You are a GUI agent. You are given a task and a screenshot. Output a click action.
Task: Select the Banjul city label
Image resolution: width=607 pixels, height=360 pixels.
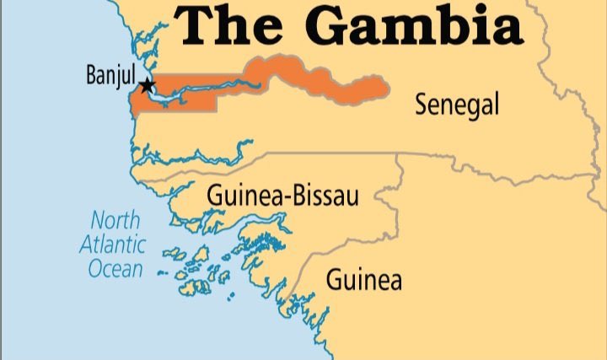(x=110, y=76)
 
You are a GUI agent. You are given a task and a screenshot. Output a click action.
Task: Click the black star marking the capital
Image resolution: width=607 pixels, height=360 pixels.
(x=148, y=85)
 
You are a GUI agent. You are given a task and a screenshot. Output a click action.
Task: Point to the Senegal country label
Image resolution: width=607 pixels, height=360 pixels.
(x=457, y=105)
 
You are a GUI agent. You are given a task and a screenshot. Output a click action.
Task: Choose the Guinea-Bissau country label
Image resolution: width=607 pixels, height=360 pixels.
(x=282, y=197)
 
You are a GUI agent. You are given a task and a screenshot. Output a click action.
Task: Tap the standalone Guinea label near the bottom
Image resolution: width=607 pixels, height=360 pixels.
(x=364, y=278)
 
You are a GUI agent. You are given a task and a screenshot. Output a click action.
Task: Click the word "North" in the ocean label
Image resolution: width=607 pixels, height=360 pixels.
(x=116, y=222)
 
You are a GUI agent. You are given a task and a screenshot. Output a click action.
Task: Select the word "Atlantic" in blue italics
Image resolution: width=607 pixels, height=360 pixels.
(x=112, y=245)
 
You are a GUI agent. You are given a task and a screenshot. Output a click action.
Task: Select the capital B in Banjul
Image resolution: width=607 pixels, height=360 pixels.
(x=92, y=76)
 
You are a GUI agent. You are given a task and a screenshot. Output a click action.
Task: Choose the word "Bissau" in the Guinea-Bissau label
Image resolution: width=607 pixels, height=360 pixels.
(x=328, y=197)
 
